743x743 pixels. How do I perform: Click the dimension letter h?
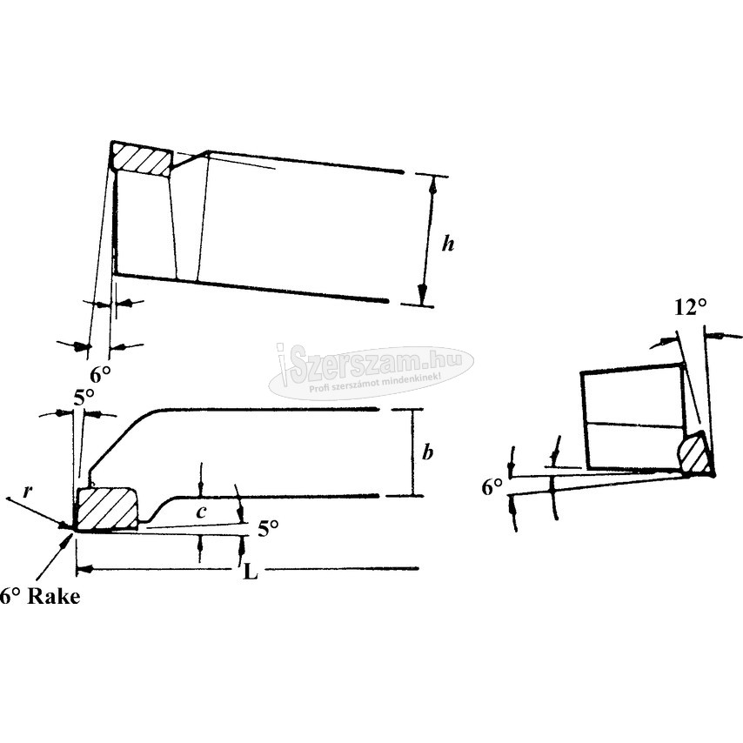(x=448, y=244)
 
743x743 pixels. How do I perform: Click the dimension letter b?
(x=427, y=452)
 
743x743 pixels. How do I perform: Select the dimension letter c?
(x=202, y=512)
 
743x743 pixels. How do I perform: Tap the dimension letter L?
(x=251, y=572)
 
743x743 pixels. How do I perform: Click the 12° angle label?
(x=691, y=307)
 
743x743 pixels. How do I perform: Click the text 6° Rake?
(x=40, y=596)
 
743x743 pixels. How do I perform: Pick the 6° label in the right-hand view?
(x=492, y=487)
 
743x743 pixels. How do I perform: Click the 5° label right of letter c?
(x=268, y=528)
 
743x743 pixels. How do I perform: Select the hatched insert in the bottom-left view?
(x=107, y=509)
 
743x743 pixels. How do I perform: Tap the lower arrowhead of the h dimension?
(x=423, y=295)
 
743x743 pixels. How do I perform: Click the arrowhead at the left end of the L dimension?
(x=83, y=567)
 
